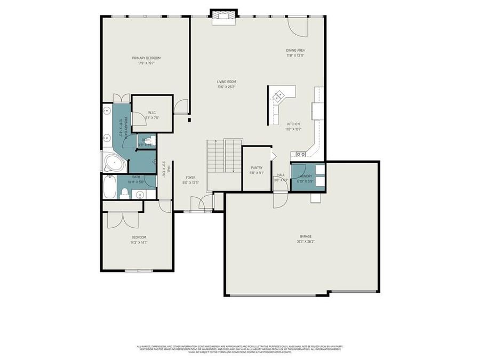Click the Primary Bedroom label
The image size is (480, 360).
pyautogui.click(x=146, y=58)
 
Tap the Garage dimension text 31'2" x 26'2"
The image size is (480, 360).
pyautogui.click(x=306, y=241)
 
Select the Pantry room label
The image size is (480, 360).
pyautogui.click(x=257, y=167)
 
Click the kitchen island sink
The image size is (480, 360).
pyautogui.click(x=278, y=97)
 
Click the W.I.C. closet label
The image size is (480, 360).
pyautogui.click(x=151, y=113)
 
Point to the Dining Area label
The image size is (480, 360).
pyautogui.click(x=295, y=50)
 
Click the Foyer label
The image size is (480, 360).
pyautogui.click(x=190, y=177)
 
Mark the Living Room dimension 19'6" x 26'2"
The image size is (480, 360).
pyautogui.click(x=226, y=87)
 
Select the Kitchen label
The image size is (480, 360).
pyautogui.click(x=294, y=124)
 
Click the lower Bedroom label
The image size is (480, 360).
pyautogui.click(x=139, y=237)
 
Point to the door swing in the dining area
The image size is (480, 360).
pyautogui.click(x=297, y=27)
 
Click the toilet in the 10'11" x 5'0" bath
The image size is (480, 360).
pyautogui.click(x=125, y=192)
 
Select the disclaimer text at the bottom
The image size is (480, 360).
pyautogui.click(x=240, y=349)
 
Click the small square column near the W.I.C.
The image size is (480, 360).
pyautogui.click(x=189, y=120)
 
